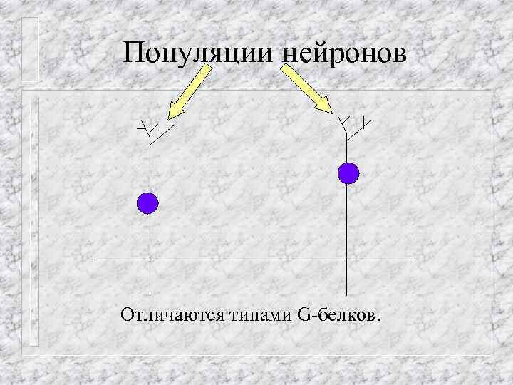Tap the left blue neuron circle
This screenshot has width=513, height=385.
pos(147,203)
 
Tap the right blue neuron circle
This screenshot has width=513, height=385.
pos(348,173)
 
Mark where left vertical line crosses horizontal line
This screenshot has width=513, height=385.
pos(150,255)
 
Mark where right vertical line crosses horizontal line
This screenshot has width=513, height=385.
pos(347,255)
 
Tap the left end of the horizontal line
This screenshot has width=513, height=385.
pos(95,255)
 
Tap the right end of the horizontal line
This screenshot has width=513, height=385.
pos(414,255)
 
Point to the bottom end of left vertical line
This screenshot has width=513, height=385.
pos(150,294)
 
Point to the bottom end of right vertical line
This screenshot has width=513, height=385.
pos(347,294)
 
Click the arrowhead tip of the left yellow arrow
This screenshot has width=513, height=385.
pos(168,119)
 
